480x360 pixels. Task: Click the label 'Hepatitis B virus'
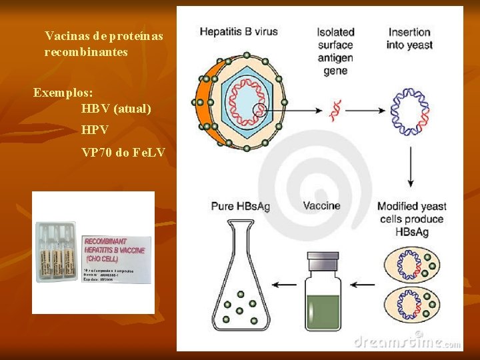tap(238, 31)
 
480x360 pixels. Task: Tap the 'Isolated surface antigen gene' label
tap(335, 51)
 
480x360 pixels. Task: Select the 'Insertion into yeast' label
tap(409, 39)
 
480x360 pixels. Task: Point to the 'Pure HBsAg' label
tap(240, 206)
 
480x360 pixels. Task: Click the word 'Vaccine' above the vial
tap(321, 206)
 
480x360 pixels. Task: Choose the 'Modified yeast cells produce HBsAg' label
tap(411, 219)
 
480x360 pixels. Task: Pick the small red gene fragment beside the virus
tap(335, 109)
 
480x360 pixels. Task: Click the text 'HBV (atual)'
tap(116, 108)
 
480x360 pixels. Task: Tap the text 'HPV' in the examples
tap(95, 130)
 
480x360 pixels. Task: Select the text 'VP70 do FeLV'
tap(123, 153)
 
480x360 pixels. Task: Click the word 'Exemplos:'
tap(63, 92)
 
